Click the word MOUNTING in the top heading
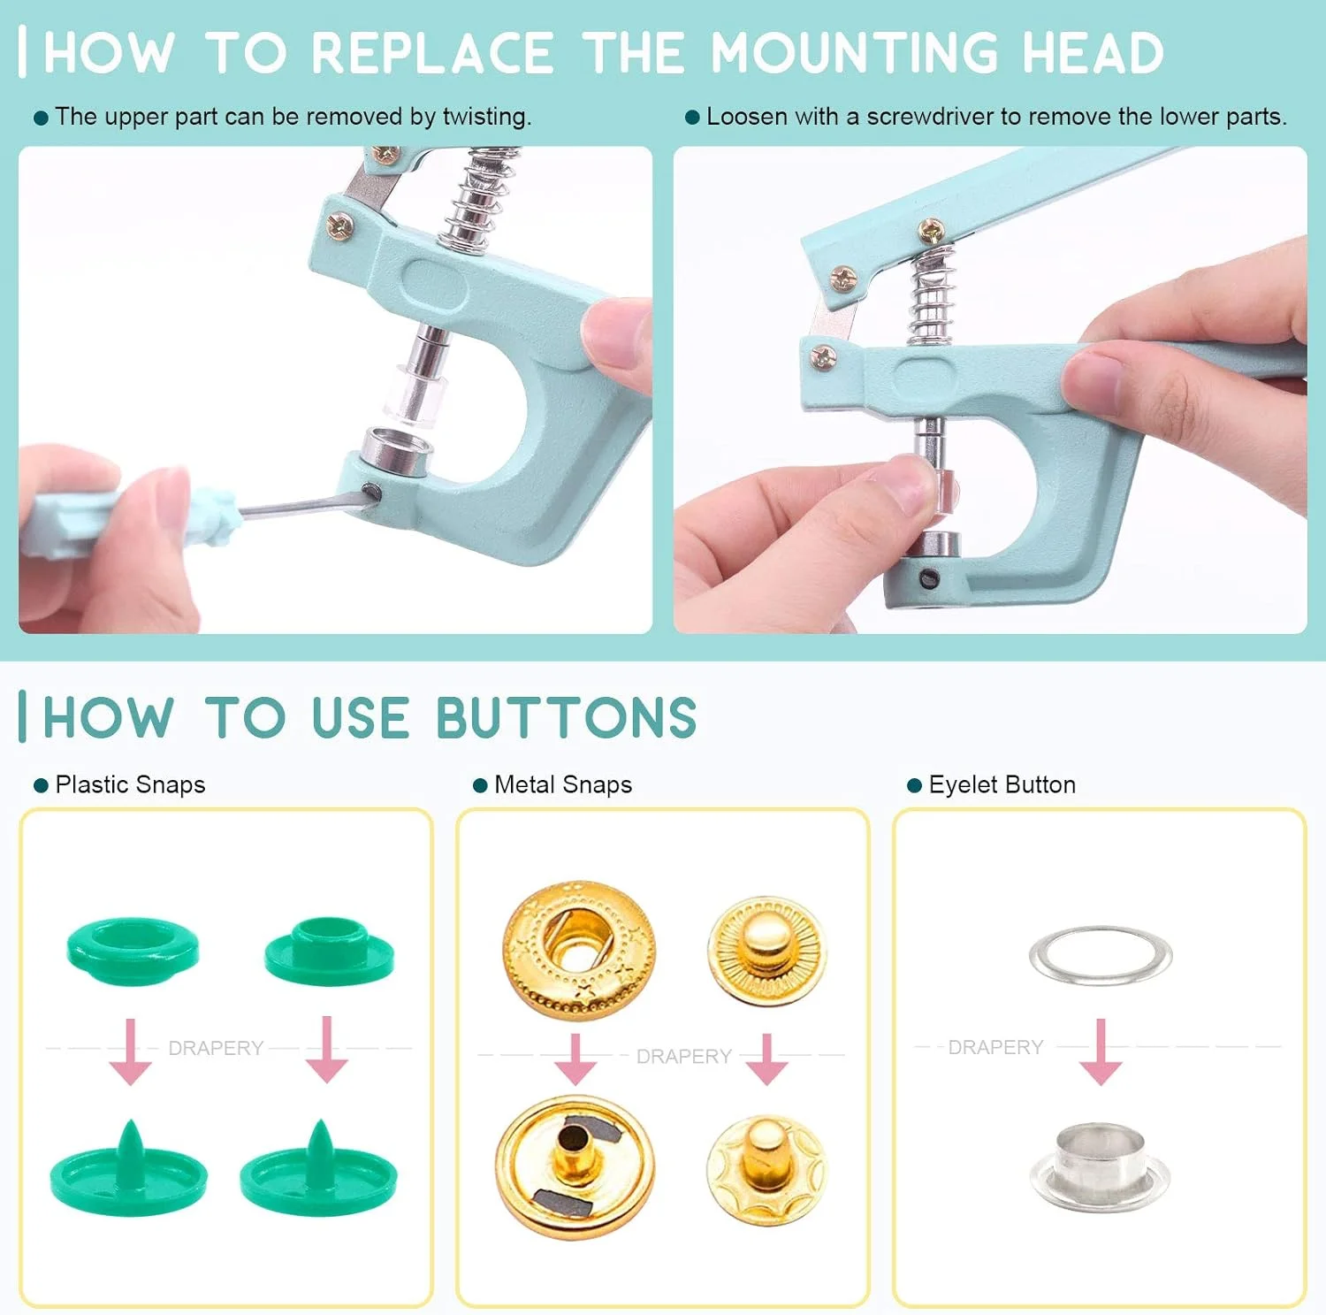point(855,53)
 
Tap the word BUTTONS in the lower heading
point(567,717)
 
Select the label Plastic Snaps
point(130,785)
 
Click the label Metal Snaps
point(563,785)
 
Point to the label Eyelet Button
point(1002,785)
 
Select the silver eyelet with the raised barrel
point(1100,1167)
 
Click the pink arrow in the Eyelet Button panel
point(1101,1051)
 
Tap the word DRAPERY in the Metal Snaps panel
point(683,1057)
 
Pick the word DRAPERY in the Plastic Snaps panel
point(216,1048)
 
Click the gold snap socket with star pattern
point(580,951)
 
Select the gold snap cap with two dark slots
point(575,1167)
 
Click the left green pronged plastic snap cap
point(128,1172)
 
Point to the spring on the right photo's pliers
point(934,296)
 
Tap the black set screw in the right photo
point(928,579)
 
